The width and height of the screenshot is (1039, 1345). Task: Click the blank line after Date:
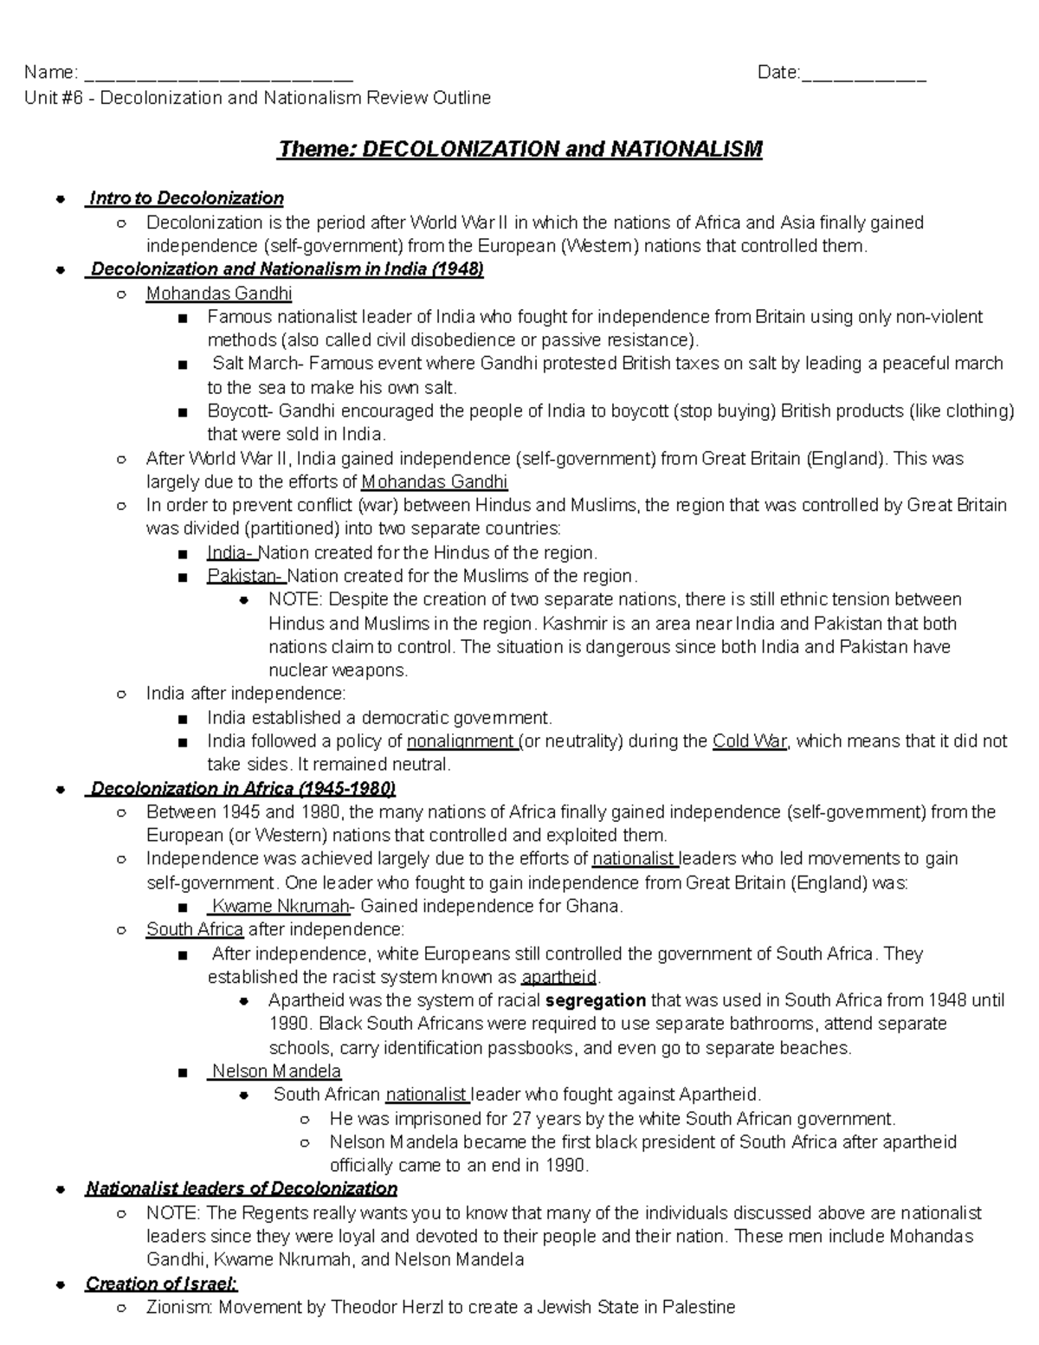[863, 74]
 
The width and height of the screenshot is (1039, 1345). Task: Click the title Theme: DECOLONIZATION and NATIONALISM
[519, 149]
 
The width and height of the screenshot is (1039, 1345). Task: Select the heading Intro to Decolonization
[186, 198]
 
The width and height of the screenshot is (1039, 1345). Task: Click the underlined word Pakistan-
[244, 576]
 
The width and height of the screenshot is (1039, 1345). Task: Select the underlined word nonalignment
[461, 741]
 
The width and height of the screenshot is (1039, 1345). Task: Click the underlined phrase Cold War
[749, 741]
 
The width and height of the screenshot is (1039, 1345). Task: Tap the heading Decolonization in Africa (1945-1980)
[242, 788]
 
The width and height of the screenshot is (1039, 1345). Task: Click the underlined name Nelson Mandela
[276, 1071]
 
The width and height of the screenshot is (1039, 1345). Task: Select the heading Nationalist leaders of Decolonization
[242, 1188]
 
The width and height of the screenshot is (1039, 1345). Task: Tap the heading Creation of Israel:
[162, 1284]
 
